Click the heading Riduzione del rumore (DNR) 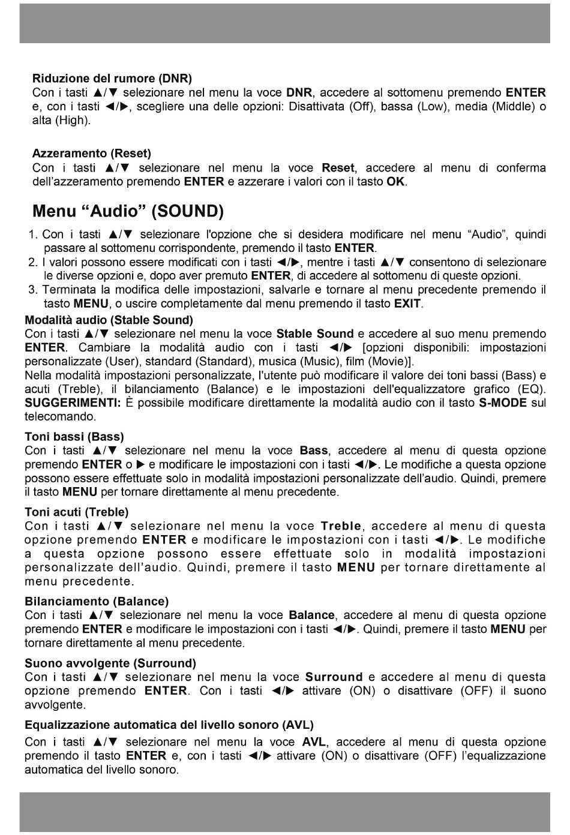click(112, 79)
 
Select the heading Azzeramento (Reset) click(91, 154)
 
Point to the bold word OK click(396, 181)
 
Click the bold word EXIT click(407, 304)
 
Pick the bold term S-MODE click(503, 403)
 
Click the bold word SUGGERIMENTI click(72, 403)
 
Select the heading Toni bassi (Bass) click(74, 437)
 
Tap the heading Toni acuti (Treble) click(77, 512)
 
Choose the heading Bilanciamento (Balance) click(97, 601)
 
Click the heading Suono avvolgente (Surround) click(110, 663)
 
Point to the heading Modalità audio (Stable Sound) click(109, 320)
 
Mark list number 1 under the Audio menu click(34, 235)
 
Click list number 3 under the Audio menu click(34, 290)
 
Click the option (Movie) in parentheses click(390, 361)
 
